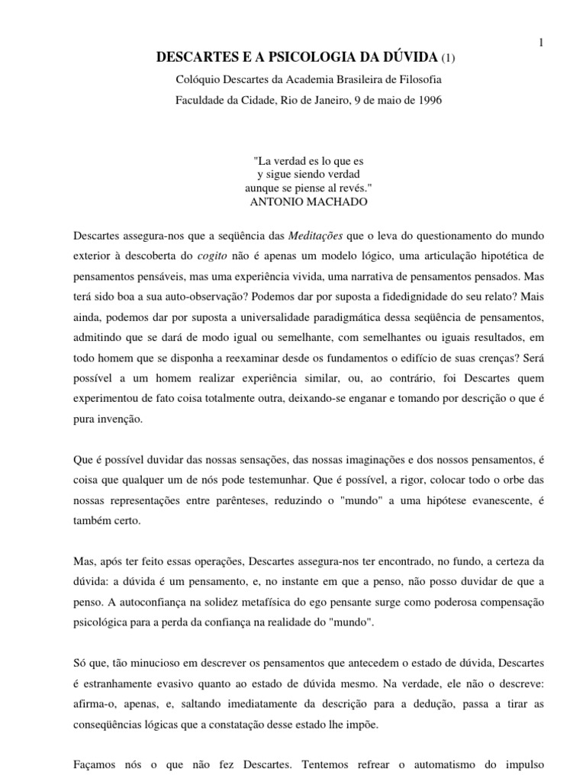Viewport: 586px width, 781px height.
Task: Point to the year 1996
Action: pyautogui.click(x=430, y=100)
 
